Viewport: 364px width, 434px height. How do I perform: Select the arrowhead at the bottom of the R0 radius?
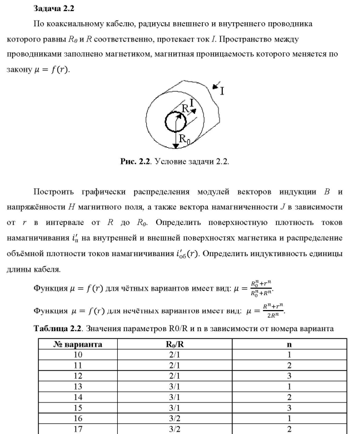(176, 146)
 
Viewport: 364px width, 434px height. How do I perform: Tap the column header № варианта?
(77, 345)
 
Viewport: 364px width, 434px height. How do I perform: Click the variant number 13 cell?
(77, 387)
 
